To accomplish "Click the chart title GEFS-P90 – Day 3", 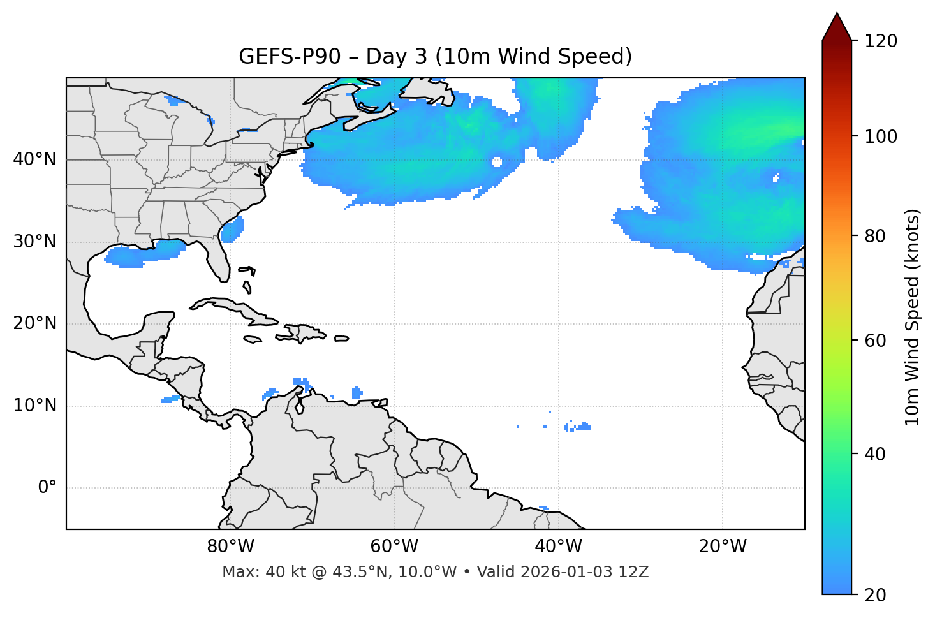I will [435, 57].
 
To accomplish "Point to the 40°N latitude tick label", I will [34, 159].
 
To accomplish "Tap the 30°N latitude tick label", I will [34, 242].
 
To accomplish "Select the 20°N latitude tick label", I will [34, 323].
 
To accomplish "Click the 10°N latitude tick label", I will [34, 406].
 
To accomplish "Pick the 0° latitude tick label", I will [47, 488].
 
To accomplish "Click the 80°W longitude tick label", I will [230, 547].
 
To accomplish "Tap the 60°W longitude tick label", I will [394, 547].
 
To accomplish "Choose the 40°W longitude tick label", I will [558, 547].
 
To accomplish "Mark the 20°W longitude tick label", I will [722, 547].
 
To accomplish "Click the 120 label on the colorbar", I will [881, 41].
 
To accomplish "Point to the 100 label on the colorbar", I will [881, 136].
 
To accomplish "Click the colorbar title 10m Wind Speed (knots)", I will [913, 317].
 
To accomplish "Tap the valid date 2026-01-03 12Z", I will [584, 572].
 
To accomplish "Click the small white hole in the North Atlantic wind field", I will [497, 162].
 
